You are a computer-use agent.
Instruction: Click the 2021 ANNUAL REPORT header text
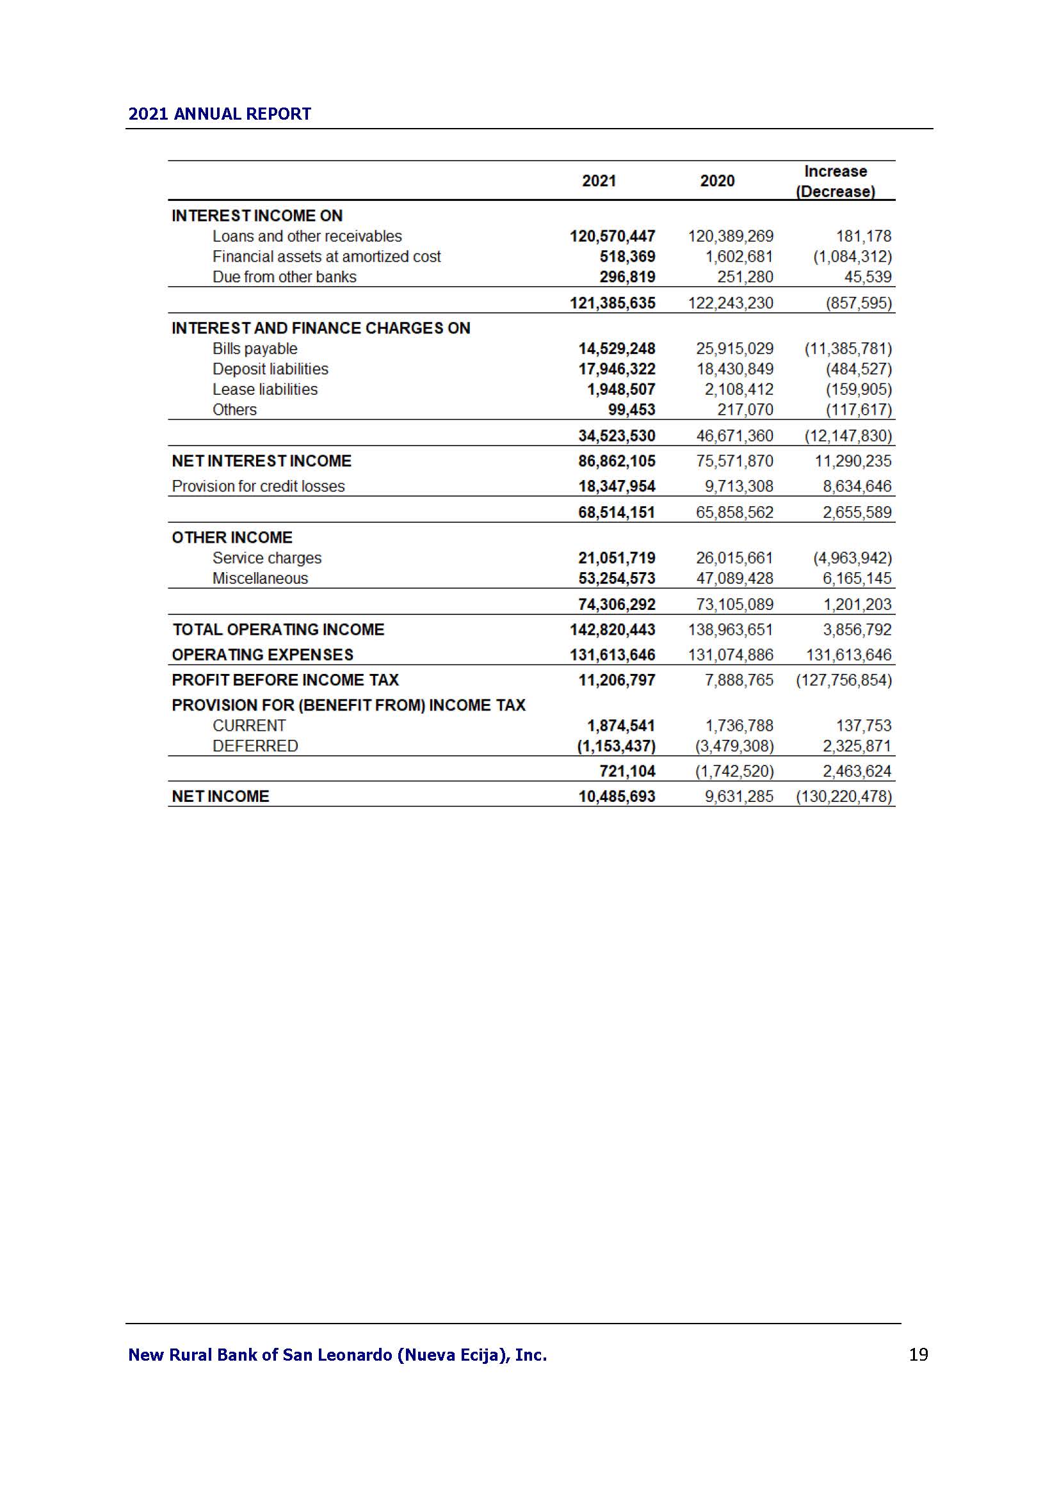tap(219, 114)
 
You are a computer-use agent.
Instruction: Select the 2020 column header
tap(716, 180)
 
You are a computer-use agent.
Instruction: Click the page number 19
tap(918, 1354)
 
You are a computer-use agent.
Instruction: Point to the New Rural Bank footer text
tap(337, 1355)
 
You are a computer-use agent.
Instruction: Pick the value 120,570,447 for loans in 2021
tap(612, 236)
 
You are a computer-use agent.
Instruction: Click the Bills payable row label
tap(254, 349)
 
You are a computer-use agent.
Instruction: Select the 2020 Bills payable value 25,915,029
tap(734, 349)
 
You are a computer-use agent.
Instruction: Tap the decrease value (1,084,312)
tap(852, 257)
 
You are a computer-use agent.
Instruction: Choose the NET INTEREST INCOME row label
tap(261, 461)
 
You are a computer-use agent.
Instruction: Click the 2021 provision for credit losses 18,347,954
tap(616, 486)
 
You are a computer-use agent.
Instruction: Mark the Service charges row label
tap(267, 558)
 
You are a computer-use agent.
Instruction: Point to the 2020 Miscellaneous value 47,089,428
tap(734, 579)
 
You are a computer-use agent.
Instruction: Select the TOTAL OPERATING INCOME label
tap(279, 629)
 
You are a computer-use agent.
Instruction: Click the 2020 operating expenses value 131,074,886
tap(731, 655)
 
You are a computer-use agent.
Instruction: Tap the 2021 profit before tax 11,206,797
tap(616, 680)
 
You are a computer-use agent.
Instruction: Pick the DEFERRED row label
tap(255, 746)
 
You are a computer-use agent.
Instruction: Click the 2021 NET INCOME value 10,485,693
tap(616, 796)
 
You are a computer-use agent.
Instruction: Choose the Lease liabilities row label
tap(265, 389)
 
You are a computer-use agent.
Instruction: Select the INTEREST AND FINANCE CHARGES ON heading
tap(321, 328)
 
